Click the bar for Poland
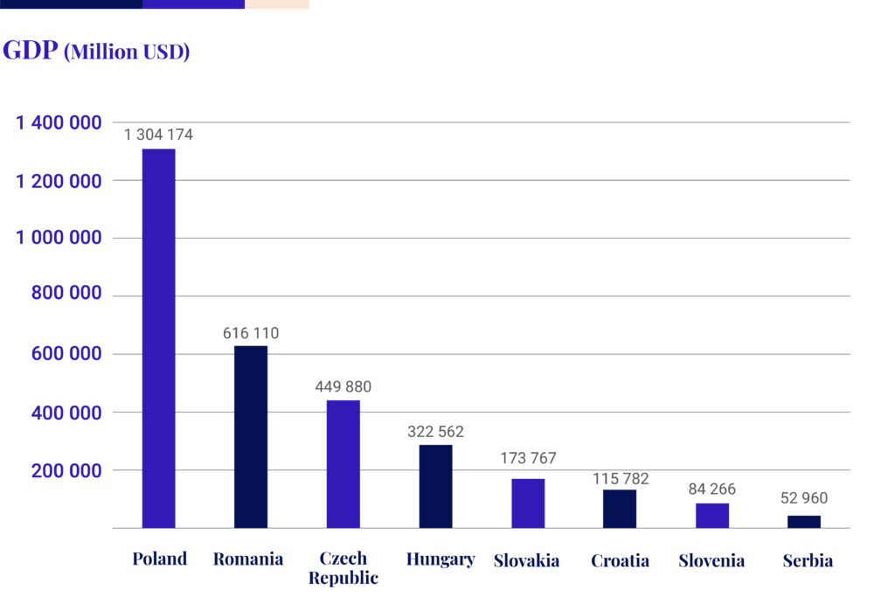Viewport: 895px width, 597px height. point(158,338)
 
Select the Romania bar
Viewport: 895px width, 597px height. point(251,437)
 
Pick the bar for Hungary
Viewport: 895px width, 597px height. point(435,486)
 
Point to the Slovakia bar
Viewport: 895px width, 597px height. point(528,503)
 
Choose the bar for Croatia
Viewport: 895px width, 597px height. point(620,509)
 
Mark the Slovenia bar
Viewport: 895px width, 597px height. point(712,516)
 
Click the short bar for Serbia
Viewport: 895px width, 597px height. point(804,522)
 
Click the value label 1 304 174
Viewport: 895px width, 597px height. point(158,135)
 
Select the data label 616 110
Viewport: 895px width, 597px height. point(250,333)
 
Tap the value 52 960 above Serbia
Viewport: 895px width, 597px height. point(803,498)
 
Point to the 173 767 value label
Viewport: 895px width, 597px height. point(528,458)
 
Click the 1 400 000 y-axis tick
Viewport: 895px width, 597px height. point(59,123)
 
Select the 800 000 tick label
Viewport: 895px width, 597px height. point(66,295)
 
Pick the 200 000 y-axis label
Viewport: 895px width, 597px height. point(66,470)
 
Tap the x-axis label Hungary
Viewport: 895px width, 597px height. point(441,559)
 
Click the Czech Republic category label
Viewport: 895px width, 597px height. point(343,568)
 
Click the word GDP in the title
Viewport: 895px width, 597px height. point(31,50)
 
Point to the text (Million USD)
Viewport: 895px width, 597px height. point(128,52)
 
